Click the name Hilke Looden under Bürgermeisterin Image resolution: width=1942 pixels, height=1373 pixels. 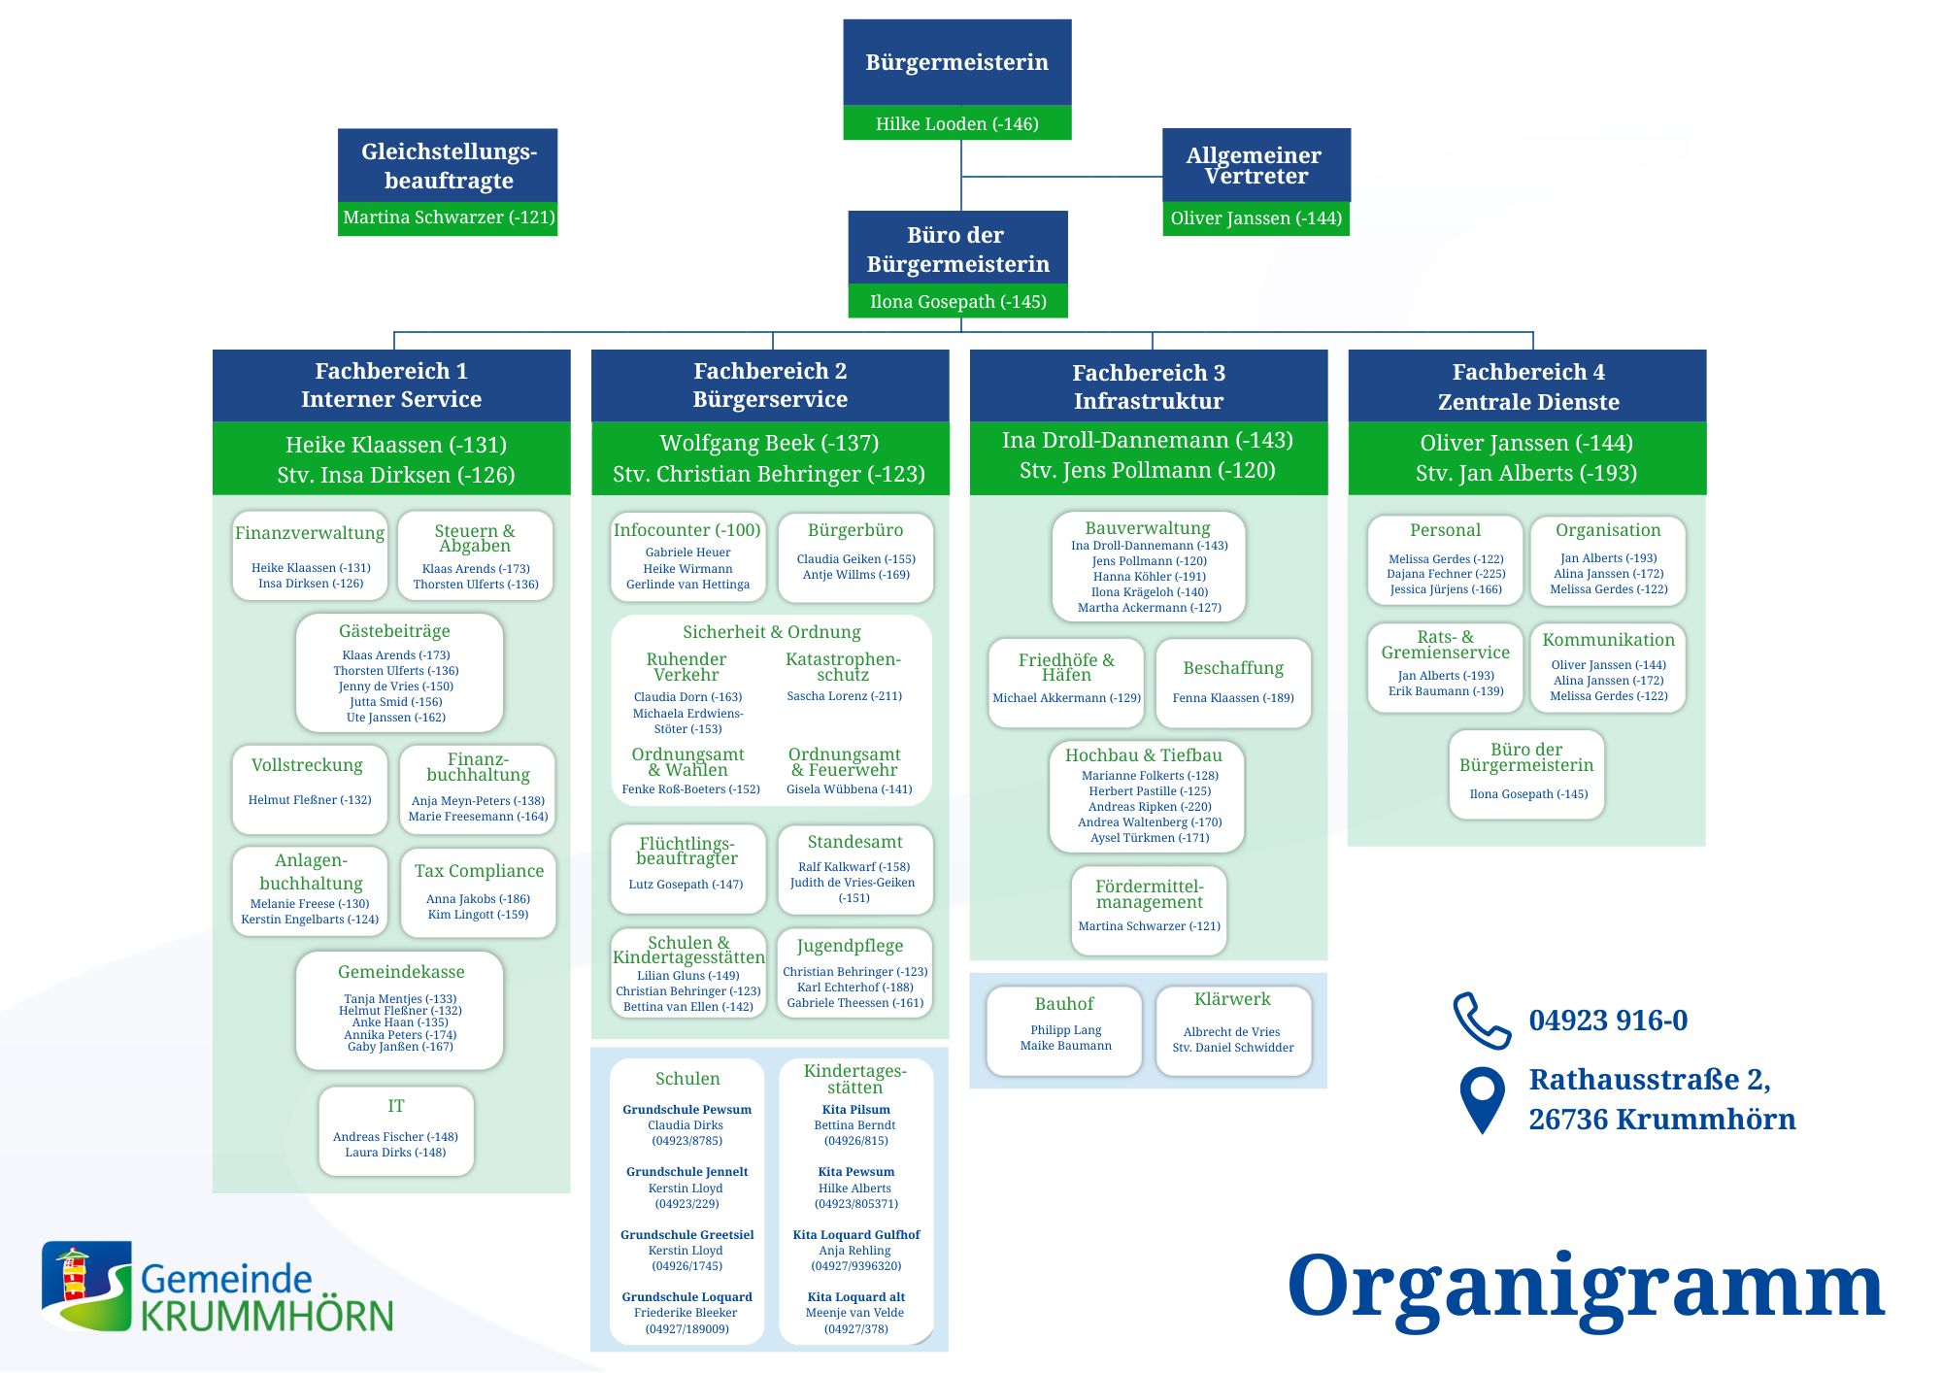[929, 123]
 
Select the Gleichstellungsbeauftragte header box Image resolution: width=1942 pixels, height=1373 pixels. [448, 165]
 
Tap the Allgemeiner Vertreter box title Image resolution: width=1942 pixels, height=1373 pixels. [1255, 165]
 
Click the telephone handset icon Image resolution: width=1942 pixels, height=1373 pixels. [1481, 1021]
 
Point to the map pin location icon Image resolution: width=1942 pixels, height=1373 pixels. [1482, 1099]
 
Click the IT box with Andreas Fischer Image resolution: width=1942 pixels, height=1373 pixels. [396, 1131]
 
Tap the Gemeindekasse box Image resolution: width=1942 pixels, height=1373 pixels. [400, 1011]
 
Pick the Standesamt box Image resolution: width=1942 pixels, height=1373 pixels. [854, 870]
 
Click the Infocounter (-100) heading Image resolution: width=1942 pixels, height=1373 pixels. [686, 530]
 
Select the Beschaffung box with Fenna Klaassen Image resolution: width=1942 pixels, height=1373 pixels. [1233, 684]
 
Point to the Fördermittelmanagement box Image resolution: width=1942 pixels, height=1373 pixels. [1149, 911]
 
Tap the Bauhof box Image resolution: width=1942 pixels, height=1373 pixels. [1064, 1031]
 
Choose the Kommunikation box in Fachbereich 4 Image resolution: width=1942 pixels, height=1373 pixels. [1608, 668]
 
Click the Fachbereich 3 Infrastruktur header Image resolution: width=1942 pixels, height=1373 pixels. [1149, 386]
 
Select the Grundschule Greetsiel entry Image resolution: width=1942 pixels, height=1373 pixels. [687, 1251]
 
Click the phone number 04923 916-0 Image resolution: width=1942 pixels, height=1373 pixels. [1608, 1021]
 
